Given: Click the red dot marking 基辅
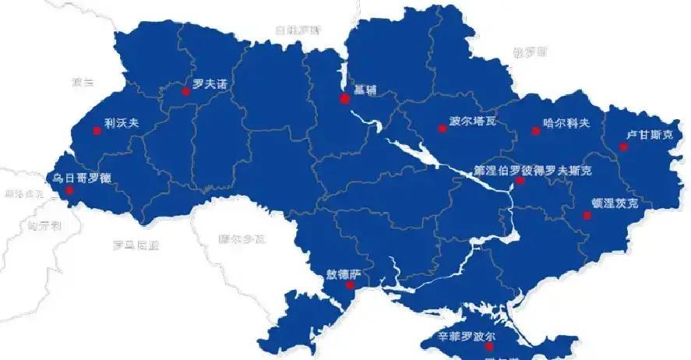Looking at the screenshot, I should tap(344, 99).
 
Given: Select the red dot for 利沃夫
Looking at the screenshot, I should tap(97, 130).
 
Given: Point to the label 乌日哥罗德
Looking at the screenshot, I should tap(82, 178).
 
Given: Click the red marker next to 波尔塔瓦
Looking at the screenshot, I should tap(442, 129).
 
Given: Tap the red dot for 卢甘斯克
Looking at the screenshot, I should tap(624, 146).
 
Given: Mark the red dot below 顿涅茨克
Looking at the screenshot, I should tap(587, 216).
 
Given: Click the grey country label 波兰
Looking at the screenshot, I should tap(82, 82).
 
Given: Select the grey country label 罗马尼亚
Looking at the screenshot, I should tap(136, 245).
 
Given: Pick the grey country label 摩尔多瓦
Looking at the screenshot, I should tap(242, 238).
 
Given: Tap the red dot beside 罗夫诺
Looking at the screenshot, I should tap(186, 91).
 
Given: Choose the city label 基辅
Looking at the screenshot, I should tap(365, 89).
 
